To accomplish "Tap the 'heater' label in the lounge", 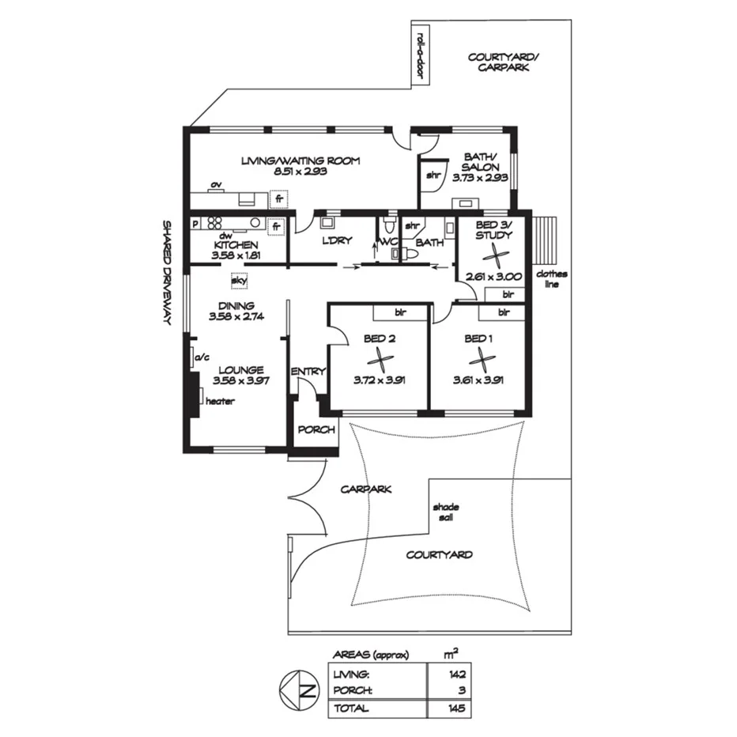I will (x=220, y=401).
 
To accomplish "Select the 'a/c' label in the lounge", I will (x=201, y=357).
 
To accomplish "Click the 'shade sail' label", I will (x=445, y=512).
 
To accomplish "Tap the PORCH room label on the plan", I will (x=316, y=429).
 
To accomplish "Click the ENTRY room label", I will (x=307, y=372).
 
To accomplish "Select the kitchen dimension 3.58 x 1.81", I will (x=237, y=255).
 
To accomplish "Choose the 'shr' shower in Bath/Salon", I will (x=433, y=176).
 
